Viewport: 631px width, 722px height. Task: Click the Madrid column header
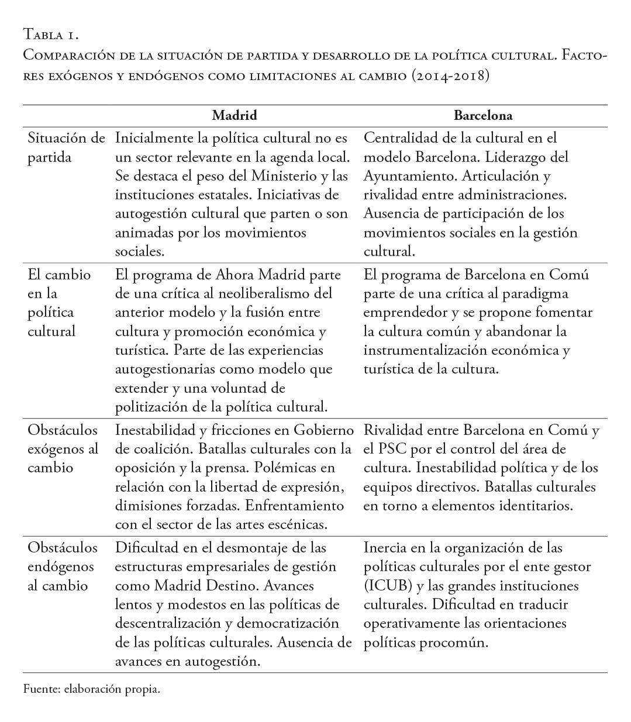(x=235, y=115)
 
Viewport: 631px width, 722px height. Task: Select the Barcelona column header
(x=483, y=115)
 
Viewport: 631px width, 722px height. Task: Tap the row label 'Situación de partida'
(x=66, y=148)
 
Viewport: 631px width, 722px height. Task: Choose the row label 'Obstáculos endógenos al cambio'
(x=63, y=566)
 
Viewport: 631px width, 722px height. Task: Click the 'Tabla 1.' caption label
(x=50, y=35)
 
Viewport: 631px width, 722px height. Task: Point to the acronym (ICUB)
(x=386, y=586)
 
